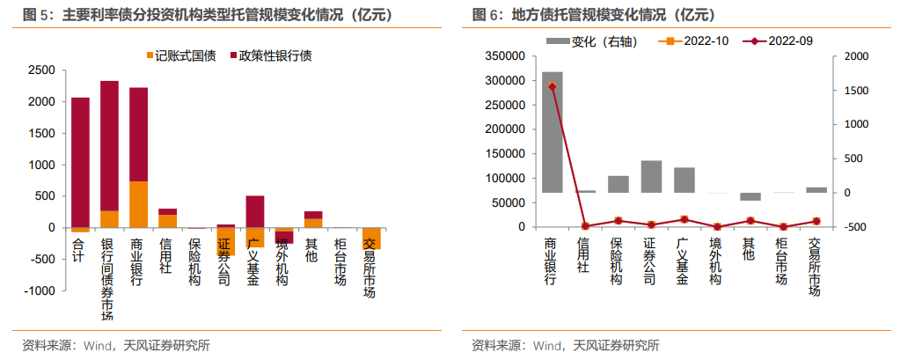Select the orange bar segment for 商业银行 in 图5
click(138, 204)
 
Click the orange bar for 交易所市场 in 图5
click(370, 239)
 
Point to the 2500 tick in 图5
click(41, 70)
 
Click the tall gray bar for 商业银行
click(553, 132)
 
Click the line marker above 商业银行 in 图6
click(553, 86)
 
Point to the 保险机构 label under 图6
click(618, 261)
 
